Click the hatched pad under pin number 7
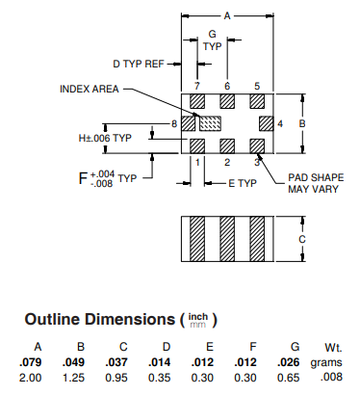[x=197, y=101]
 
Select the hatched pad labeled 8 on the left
[x=189, y=123]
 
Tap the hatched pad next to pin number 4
[x=267, y=123]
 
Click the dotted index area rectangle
[x=210, y=123]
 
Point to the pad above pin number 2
[x=227, y=146]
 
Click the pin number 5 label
[x=257, y=86]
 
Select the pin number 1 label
[x=197, y=162]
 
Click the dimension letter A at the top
[x=227, y=15]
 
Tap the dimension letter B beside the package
[x=302, y=123]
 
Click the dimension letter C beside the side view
[x=302, y=239]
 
